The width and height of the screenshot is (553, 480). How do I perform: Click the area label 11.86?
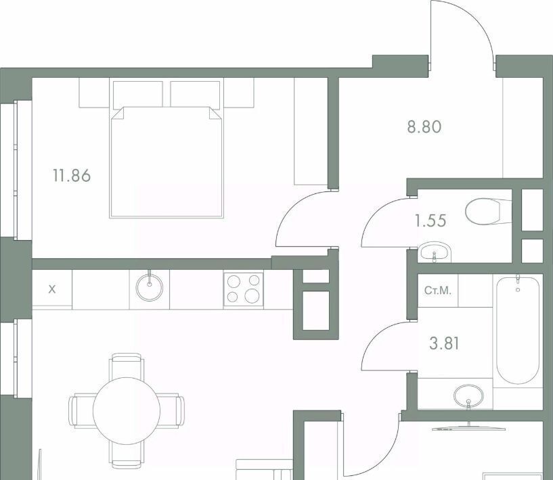[72, 175]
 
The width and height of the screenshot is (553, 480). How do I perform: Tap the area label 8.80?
[424, 127]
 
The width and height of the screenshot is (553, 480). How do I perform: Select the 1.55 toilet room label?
[430, 221]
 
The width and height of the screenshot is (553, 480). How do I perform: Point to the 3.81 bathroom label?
[444, 343]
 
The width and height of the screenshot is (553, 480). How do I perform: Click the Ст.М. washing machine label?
[438, 291]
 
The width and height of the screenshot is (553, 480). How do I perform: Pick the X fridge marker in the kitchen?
[52, 289]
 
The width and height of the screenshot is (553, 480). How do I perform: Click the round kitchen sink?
[150, 287]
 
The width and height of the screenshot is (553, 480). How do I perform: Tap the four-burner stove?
[244, 289]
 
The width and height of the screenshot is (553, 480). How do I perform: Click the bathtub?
[518, 330]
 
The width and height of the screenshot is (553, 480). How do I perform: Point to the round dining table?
[127, 410]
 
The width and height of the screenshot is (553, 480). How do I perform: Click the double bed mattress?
[167, 162]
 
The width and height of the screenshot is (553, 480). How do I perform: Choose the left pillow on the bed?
[138, 94]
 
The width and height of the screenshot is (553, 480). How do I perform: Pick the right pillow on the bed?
[195, 94]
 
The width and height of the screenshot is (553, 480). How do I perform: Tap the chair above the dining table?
[127, 366]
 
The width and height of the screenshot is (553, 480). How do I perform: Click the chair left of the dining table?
[82, 410]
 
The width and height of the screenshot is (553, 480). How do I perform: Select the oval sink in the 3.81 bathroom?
[468, 395]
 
